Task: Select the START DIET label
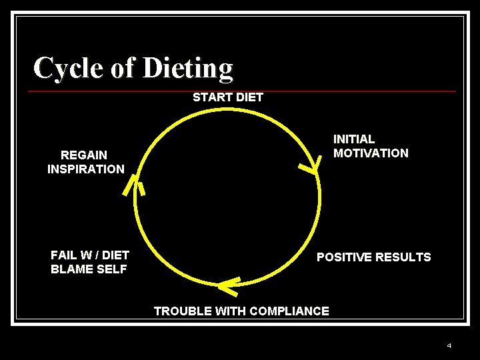[228, 97]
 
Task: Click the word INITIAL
[354, 139]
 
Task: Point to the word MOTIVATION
[371, 153]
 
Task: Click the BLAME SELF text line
[89, 269]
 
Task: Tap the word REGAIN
[84, 155]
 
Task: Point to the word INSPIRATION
[85, 169]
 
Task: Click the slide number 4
[449, 345]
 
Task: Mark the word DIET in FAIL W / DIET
[115, 255]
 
